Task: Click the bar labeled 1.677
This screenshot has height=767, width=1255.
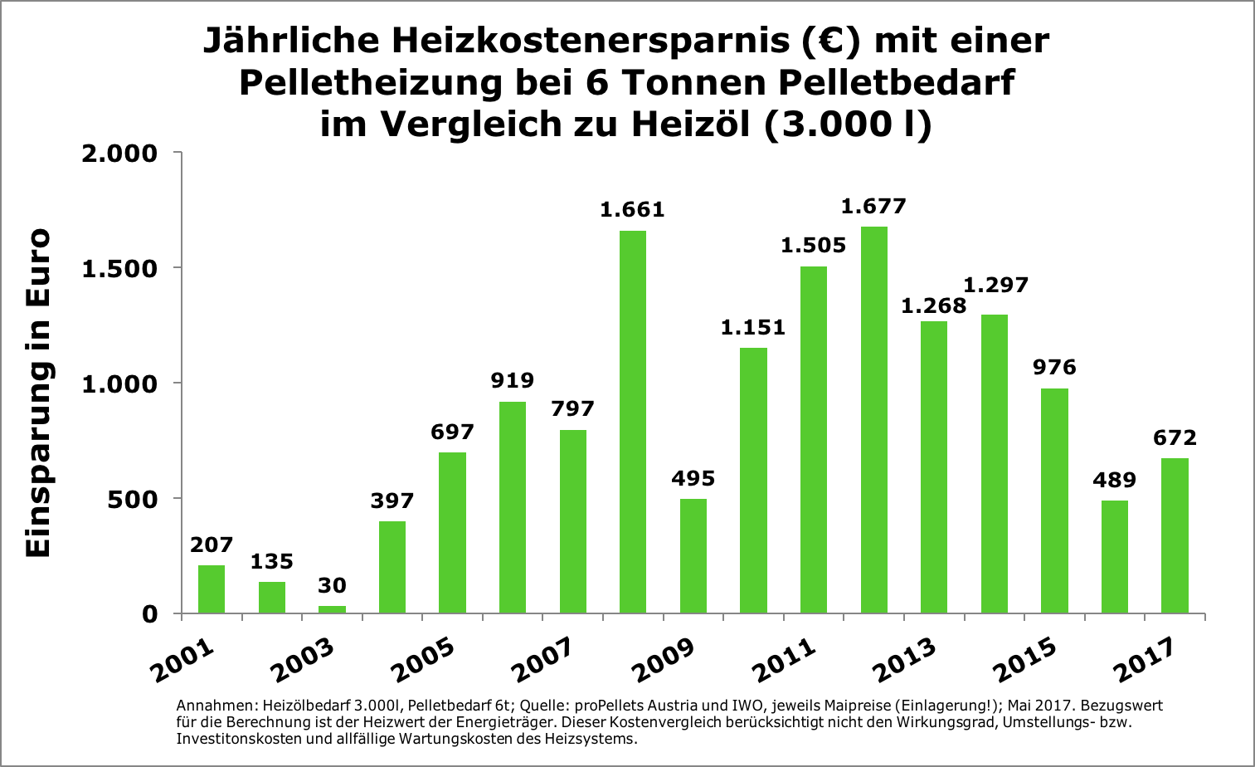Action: click(x=873, y=419)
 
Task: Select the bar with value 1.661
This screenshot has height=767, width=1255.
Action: click(x=632, y=422)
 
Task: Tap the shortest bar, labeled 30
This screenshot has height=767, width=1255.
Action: click(x=332, y=609)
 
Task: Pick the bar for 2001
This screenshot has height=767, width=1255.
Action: click(x=212, y=589)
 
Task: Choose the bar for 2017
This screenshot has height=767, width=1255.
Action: click(x=1175, y=535)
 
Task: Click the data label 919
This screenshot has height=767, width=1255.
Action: click(x=513, y=381)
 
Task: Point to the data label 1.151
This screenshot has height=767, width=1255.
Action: click(x=752, y=327)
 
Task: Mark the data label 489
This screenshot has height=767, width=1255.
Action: click(x=1114, y=480)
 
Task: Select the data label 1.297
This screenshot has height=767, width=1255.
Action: click(x=995, y=286)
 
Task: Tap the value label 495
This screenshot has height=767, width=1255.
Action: click(x=693, y=478)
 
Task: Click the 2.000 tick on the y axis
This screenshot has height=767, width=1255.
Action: click(x=119, y=154)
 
